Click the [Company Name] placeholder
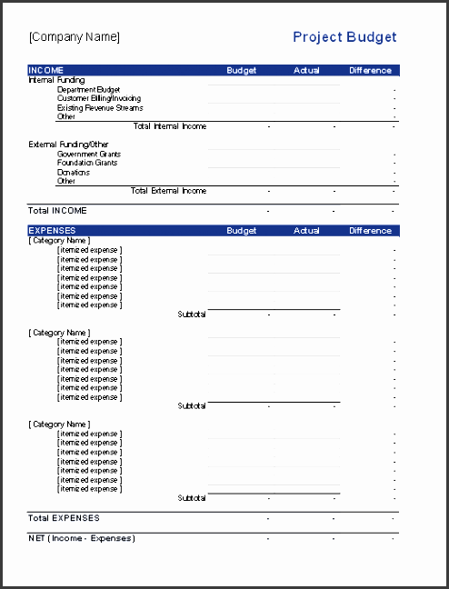pyautogui.click(x=75, y=37)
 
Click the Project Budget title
pyautogui.click(x=344, y=37)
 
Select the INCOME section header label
pyautogui.click(x=46, y=70)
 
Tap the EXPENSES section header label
pyautogui.click(x=53, y=231)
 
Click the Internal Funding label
pyautogui.click(x=56, y=80)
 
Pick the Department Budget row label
pyautogui.click(x=89, y=90)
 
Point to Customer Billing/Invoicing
pyautogui.click(x=99, y=98)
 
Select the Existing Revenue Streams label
pyautogui.click(x=100, y=108)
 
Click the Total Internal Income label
pyautogui.click(x=170, y=126)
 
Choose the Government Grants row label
pyautogui.click(x=89, y=155)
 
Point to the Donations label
pyautogui.click(x=74, y=172)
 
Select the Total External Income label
pyautogui.click(x=168, y=191)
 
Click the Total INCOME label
pyautogui.click(x=58, y=211)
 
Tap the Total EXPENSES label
pyautogui.click(x=64, y=518)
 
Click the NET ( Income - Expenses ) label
pyautogui.click(x=82, y=538)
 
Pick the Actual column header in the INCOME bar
pyautogui.click(x=307, y=70)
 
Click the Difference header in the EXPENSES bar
pyautogui.click(x=371, y=231)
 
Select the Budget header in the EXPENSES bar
pyautogui.click(x=242, y=231)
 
